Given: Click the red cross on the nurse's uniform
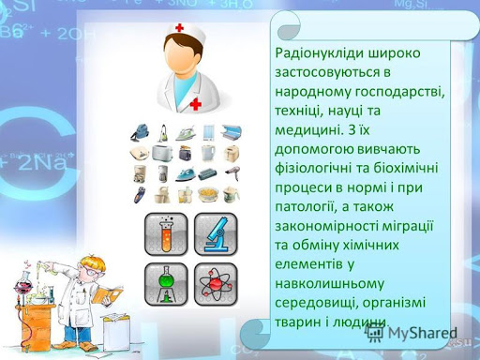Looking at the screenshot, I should pyautogui.click(x=196, y=102).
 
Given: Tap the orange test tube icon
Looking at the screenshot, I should pyautogui.click(x=166, y=233).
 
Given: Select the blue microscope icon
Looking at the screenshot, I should pyautogui.click(x=216, y=233).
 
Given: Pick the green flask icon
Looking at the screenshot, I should pyautogui.click(x=166, y=283).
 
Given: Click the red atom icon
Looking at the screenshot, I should pyautogui.click(x=216, y=283).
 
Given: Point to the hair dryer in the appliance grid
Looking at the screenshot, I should pyautogui.click(x=231, y=172).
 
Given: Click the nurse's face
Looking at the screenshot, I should pyautogui.click(x=186, y=52).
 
